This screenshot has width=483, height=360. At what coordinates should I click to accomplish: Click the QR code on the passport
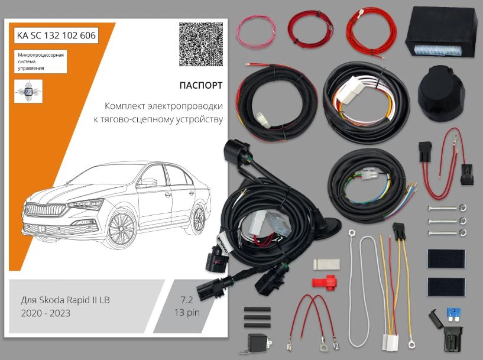click(x=200, y=44)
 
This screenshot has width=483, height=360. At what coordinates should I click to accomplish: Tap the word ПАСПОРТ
click(x=201, y=85)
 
